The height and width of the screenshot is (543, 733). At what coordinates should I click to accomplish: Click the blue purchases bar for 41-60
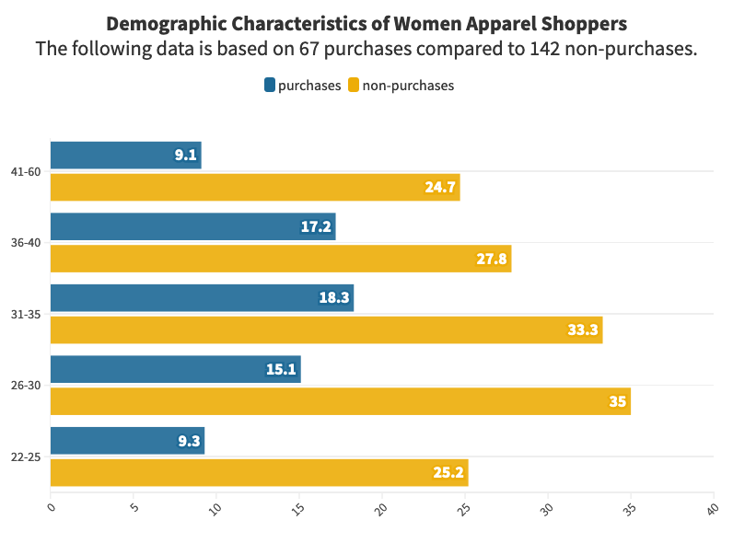[125, 155]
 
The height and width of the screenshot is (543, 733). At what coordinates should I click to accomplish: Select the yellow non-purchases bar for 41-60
[254, 187]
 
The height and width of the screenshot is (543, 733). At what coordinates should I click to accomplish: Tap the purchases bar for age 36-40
[192, 226]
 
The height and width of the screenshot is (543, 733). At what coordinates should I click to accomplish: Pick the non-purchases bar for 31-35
[326, 329]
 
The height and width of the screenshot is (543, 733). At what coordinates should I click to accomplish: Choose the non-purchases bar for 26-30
[340, 401]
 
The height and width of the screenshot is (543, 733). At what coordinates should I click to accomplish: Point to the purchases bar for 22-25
[127, 441]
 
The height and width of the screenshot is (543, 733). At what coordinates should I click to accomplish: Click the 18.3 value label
[334, 298]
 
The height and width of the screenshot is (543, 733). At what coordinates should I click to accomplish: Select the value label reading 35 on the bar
[616, 402]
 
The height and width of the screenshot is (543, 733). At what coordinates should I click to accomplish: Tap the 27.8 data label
[491, 260]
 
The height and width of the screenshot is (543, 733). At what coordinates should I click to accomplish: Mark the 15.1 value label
[281, 370]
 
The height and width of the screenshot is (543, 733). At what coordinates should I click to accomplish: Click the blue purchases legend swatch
[270, 86]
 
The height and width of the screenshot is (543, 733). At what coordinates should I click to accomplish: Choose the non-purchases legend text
[408, 86]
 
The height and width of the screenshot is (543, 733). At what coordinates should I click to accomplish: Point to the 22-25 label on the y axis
[25, 457]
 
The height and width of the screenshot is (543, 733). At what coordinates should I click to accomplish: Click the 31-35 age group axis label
[25, 314]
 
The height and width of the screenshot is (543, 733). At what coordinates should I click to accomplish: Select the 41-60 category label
[25, 171]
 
